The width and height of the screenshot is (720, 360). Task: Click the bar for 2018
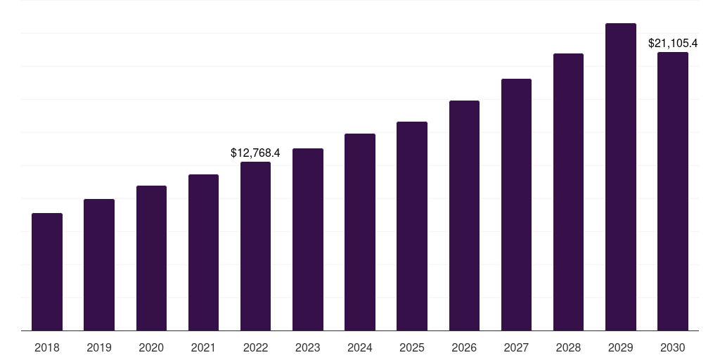[47, 271]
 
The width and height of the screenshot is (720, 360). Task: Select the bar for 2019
[99, 264]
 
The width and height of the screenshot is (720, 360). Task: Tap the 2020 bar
[151, 258]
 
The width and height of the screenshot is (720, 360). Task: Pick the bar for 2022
[255, 246]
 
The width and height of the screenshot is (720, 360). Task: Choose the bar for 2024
[360, 232]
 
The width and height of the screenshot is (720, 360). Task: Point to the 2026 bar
[464, 215]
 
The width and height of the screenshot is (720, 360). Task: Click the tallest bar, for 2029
[621, 176]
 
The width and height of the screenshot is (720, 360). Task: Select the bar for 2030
[673, 191]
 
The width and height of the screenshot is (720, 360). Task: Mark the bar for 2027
[516, 205]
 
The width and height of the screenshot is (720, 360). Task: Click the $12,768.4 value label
[255, 153]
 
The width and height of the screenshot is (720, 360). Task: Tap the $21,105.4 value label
[673, 44]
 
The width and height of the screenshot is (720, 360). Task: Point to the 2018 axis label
[47, 347]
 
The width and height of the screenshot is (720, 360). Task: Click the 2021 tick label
[203, 347]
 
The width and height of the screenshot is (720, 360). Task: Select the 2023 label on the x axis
[308, 347]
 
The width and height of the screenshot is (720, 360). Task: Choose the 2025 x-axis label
[412, 347]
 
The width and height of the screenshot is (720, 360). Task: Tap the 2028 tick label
[568, 347]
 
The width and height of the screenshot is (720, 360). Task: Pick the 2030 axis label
[673, 347]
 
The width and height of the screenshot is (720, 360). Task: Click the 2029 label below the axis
[621, 347]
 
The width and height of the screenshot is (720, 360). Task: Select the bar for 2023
[308, 239]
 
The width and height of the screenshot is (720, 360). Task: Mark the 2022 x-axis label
[255, 347]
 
